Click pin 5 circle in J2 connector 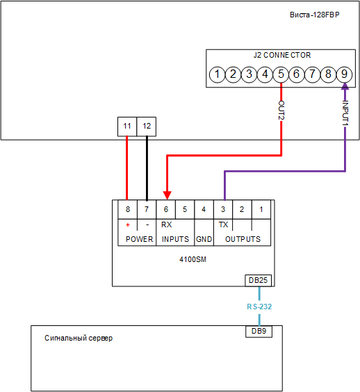coord(281,74)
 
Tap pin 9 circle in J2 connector coord(344,74)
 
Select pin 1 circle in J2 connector coord(217,74)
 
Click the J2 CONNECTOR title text coord(282,55)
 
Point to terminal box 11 coord(127,126)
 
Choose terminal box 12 coord(147,126)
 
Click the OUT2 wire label coord(281,111)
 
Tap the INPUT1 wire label coord(345,113)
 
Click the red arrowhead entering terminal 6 coord(167,195)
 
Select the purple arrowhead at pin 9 coord(345,86)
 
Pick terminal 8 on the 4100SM coord(127,209)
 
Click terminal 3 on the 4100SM coord(223,209)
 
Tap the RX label coord(167,224)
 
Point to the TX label coord(223,224)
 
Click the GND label coord(204,239)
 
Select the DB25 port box coord(259,281)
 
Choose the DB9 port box coord(259,332)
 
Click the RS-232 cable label coord(259,307)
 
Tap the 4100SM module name coord(193,259)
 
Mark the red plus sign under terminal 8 coord(128,224)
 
